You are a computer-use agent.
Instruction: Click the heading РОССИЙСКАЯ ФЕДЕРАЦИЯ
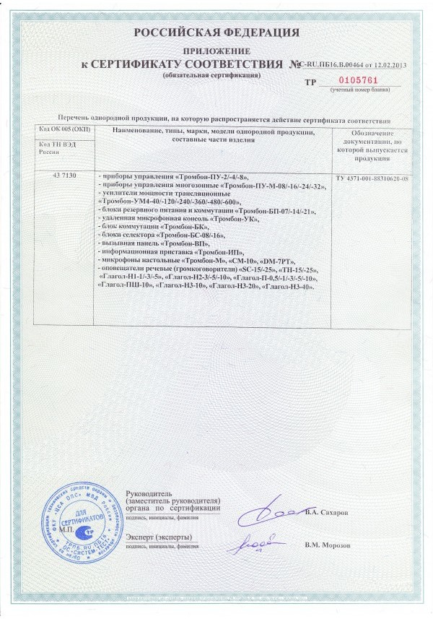click(216, 33)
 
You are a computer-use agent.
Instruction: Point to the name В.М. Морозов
click(328, 545)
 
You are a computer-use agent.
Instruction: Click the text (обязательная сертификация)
click(202, 74)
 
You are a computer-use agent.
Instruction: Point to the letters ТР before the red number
click(311, 83)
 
